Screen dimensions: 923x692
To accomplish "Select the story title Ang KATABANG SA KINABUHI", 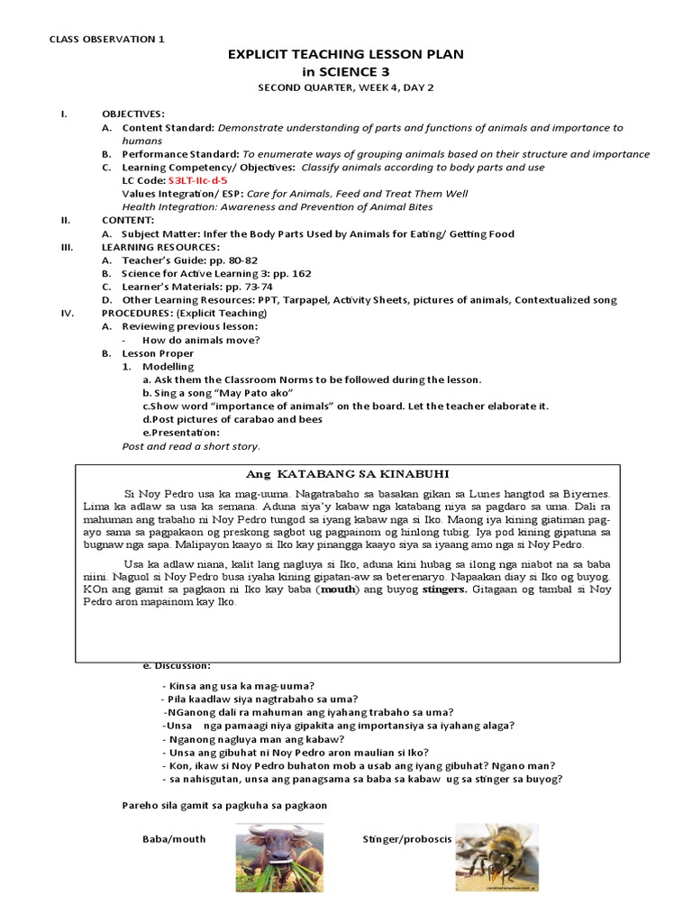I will pyautogui.click(x=348, y=474).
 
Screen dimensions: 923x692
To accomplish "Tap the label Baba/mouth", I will pyautogui.click(x=174, y=838).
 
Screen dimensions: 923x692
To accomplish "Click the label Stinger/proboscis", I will pyautogui.click(x=406, y=838).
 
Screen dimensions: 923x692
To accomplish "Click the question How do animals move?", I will pyautogui.click(x=201, y=340).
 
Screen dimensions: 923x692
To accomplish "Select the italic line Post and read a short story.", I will pyautogui.click(x=191, y=446).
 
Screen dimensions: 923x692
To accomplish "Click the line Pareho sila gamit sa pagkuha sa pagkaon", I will pyautogui.click(x=223, y=805).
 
